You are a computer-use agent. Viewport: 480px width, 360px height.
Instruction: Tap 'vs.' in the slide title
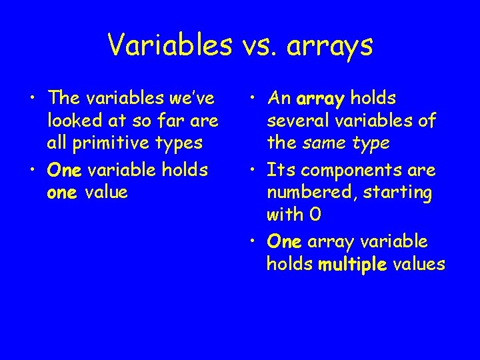coord(260,45)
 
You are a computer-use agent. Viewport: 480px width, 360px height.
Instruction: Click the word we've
coord(193,99)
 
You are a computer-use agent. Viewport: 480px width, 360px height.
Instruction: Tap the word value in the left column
coord(109,192)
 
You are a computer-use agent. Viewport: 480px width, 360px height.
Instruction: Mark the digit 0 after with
coord(316,215)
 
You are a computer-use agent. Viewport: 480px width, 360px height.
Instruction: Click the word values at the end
coord(419,264)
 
